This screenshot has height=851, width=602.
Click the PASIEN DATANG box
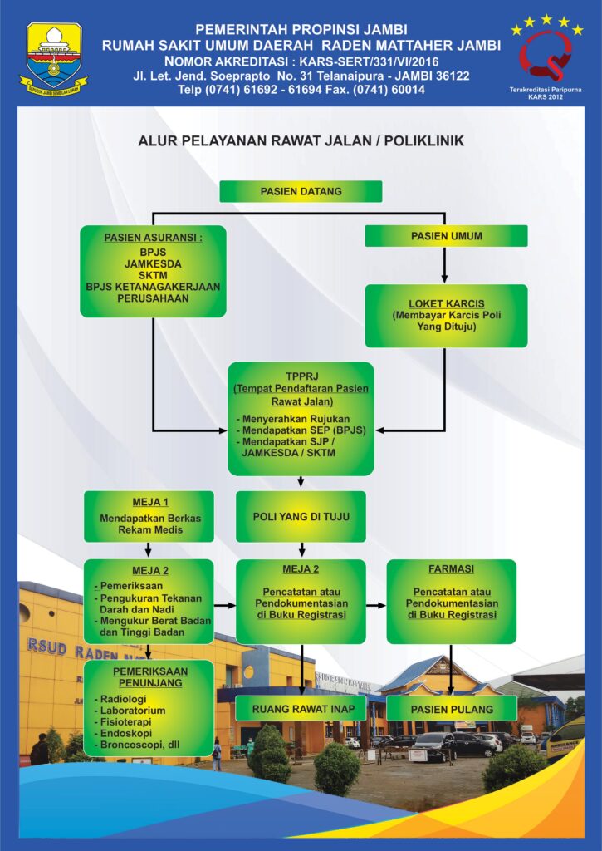(x=301, y=191)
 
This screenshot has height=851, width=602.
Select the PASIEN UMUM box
(x=446, y=236)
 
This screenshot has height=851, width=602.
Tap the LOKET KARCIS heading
(x=446, y=303)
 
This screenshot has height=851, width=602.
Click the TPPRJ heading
(x=301, y=376)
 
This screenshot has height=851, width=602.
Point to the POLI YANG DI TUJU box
(x=301, y=517)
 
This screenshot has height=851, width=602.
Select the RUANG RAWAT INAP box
(x=301, y=709)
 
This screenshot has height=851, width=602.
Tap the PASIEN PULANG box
(x=452, y=709)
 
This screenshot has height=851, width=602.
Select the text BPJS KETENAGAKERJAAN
(x=153, y=286)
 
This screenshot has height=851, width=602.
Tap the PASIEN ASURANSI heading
(x=153, y=238)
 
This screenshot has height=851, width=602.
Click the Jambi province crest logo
(x=54, y=57)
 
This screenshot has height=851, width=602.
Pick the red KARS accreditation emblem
(x=544, y=55)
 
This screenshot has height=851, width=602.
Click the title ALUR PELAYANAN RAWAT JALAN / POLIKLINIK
(x=301, y=141)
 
